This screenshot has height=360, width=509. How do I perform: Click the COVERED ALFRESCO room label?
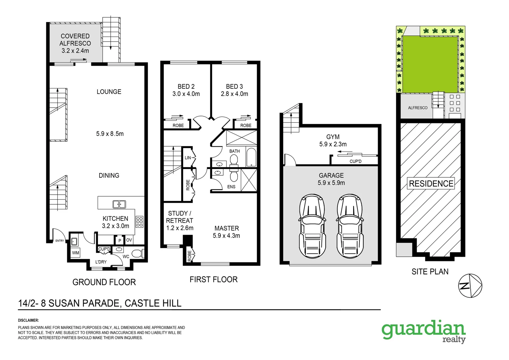tap(75, 40)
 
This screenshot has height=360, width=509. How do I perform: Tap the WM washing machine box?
tap(76, 253)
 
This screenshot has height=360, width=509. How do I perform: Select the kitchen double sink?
tap(119, 204)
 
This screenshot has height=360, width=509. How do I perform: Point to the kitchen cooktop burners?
tap(140, 222)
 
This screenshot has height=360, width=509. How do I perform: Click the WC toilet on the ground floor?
tap(137, 254)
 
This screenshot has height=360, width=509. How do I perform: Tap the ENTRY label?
tap(60, 241)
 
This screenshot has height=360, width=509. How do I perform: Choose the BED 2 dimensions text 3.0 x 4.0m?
tap(186, 94)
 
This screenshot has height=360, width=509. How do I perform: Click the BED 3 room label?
tap(234, 86)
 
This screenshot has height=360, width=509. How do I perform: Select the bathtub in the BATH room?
tap(251, 158)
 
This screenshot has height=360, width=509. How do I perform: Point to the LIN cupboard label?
tap(188, 158)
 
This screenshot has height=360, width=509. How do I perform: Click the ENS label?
tap(231, 187)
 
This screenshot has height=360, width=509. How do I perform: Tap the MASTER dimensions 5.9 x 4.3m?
tap(226, 236)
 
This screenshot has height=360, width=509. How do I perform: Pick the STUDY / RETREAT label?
tap(180, 217)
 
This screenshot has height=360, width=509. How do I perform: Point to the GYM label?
tap(333, 137)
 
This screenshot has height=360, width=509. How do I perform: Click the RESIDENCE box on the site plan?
tap(431, 184)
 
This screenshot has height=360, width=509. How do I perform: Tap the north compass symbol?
tap(470, 286)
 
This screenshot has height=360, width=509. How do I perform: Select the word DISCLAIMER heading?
tap(28, 320)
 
